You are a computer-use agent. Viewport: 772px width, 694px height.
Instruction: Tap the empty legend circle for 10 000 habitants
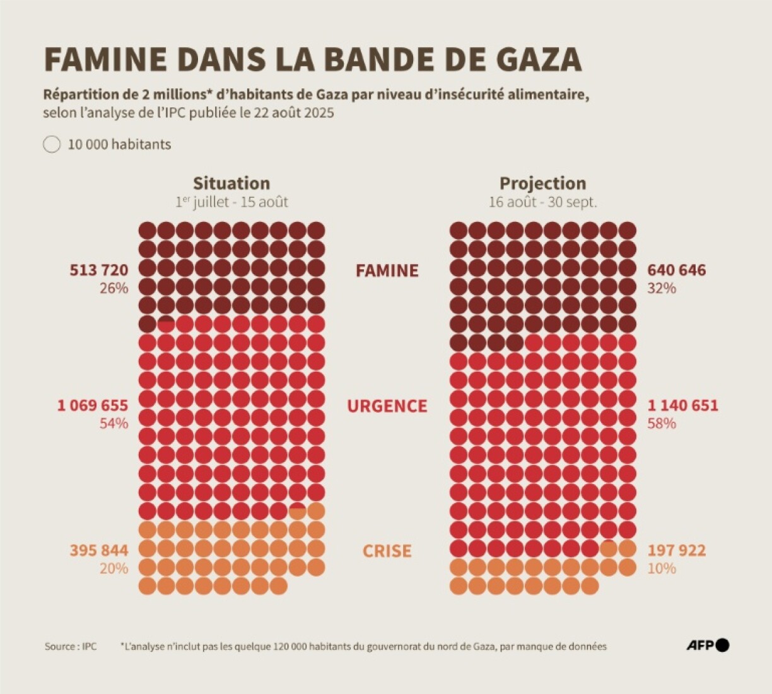52,144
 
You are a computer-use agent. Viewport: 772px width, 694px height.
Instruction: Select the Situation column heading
231,183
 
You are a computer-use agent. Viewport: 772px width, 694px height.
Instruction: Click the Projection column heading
542,183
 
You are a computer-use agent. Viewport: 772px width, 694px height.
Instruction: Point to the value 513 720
99,270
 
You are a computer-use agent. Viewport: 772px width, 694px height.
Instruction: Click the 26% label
114,288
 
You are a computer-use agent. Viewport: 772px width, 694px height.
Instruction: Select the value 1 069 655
93,405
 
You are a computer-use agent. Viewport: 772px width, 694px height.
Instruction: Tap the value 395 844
99,550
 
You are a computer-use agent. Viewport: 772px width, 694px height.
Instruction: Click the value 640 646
677,270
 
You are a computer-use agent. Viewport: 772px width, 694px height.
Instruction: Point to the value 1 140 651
683,405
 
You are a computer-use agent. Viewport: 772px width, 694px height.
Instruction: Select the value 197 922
677,550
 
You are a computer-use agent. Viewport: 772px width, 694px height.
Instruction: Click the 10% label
662,568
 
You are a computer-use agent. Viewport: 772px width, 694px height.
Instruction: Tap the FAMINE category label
387,271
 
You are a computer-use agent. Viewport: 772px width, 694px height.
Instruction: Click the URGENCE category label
387,406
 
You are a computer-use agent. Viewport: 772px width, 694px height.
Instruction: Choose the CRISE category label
387,551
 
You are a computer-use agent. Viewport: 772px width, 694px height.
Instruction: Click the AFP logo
708,645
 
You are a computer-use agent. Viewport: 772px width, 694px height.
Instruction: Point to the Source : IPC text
71,647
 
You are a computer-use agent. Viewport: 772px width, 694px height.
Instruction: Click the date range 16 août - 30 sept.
542,202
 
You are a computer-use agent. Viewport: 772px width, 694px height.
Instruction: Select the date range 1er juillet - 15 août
231,202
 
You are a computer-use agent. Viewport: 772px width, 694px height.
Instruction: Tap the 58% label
662,423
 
